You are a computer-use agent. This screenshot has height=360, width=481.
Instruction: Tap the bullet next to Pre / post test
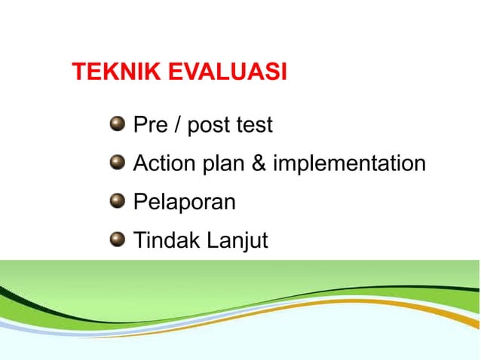point(116,124)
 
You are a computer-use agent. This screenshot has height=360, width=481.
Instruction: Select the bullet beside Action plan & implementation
point(116,163)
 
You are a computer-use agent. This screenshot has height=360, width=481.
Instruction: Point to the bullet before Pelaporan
point(116,201)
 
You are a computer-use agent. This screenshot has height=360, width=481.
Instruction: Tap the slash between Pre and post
point(176,125)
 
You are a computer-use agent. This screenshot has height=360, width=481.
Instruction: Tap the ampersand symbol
point(259,163)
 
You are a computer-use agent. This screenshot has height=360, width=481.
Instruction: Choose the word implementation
point(349,164)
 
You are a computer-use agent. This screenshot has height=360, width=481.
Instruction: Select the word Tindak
point(163,240)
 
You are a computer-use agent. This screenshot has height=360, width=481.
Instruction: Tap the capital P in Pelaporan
point(139,202)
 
